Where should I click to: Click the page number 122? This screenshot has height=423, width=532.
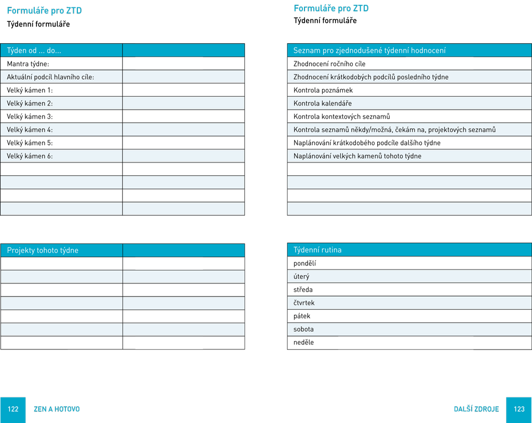13,409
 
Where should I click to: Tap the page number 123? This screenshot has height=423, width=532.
519,409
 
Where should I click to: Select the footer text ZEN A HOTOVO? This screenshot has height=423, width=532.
57,409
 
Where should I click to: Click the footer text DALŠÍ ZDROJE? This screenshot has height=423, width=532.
476,409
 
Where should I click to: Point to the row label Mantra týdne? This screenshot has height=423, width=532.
28,63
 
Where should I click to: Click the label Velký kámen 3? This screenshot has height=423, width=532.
30,117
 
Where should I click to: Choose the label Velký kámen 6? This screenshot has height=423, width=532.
30,156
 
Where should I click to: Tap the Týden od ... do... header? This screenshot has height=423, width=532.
34,50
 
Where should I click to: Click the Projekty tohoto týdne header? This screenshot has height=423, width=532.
43,250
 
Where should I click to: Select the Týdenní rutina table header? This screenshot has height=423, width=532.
317,250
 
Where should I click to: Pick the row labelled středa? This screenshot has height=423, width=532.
303,290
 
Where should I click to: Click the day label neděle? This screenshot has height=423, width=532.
303,342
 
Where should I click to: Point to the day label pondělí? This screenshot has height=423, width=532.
304,263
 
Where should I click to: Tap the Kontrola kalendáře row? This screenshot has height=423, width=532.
323,104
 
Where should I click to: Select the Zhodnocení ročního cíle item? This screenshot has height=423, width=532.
329,64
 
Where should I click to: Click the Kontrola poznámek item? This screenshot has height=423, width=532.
323,90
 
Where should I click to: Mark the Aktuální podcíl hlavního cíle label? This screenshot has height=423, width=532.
50,77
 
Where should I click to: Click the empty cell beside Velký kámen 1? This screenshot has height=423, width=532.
183,90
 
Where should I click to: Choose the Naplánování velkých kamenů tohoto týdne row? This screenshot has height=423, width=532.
357,156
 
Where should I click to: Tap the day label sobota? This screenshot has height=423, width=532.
303,329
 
